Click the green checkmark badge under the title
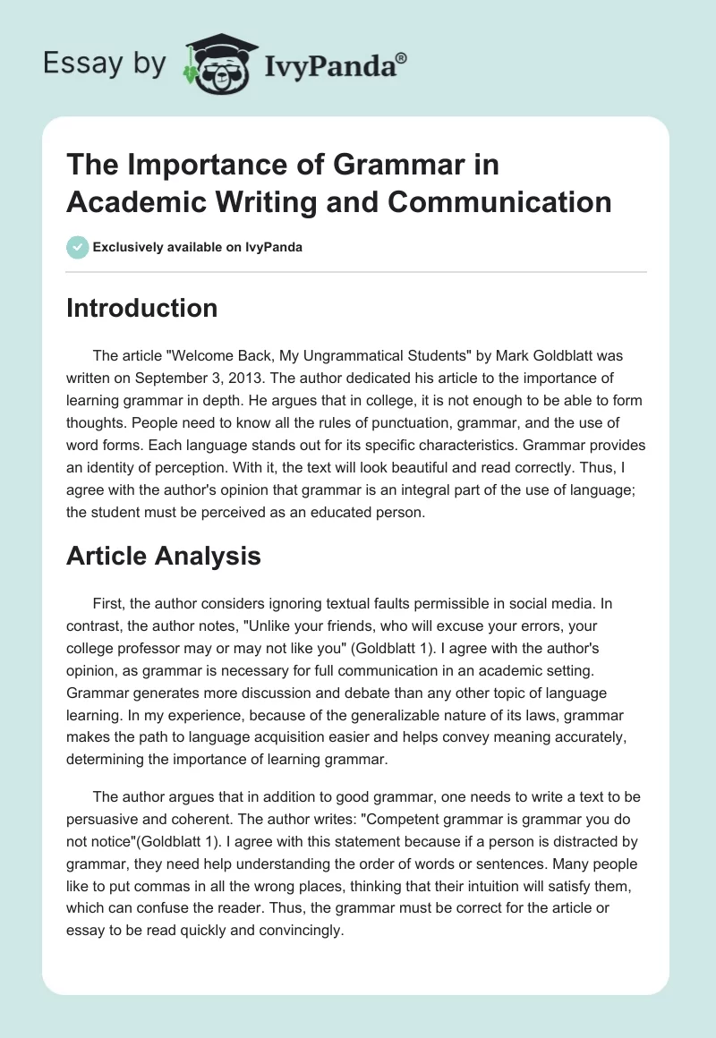pos(77,247)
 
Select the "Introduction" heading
pos(141,308)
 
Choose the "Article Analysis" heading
pos(163,556)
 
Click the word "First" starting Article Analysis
pos(109,603)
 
